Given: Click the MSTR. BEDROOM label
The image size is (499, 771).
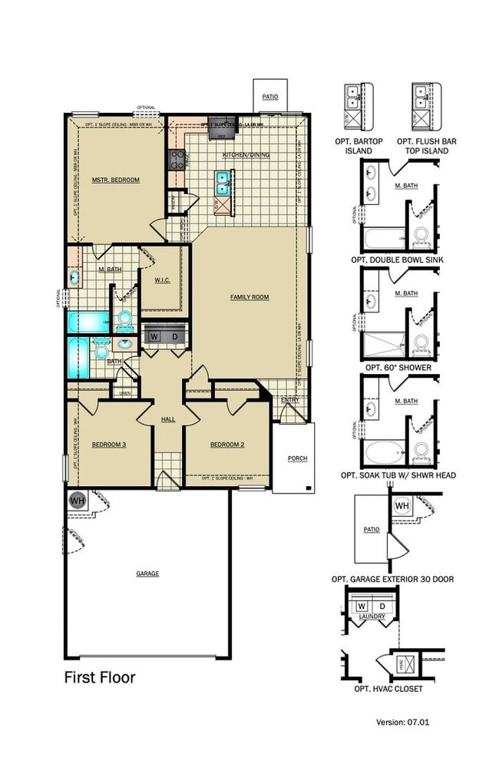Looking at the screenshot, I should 116,180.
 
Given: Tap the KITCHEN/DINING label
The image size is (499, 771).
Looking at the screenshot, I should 246,155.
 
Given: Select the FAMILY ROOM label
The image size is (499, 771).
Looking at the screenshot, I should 249,297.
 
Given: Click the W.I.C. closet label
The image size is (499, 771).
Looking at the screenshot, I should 160,280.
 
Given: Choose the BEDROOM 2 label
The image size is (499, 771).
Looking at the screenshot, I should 226,445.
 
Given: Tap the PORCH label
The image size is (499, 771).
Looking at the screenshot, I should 297,458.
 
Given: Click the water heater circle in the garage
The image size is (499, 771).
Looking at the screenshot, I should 78,500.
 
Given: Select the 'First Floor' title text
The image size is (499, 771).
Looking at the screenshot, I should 99,677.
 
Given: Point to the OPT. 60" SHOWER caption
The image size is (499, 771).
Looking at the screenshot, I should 398,367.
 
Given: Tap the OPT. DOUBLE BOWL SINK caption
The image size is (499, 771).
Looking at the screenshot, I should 398,260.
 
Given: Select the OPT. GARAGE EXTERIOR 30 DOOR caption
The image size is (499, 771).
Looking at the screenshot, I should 392,579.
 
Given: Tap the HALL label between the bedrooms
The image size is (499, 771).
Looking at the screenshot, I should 168,419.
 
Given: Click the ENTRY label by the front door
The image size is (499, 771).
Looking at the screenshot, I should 289,400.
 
